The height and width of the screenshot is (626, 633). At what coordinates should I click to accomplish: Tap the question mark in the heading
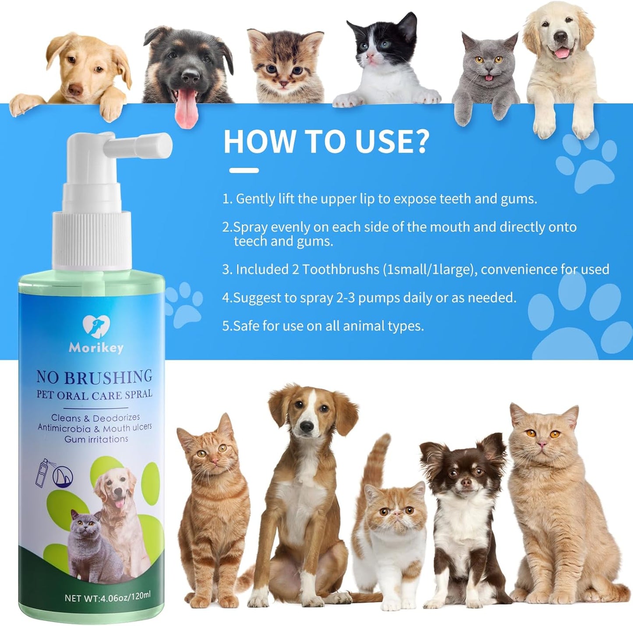(420, 141)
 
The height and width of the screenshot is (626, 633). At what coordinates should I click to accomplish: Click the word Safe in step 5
(246, 326)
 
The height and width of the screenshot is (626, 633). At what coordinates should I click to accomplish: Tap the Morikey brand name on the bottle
(96, 348)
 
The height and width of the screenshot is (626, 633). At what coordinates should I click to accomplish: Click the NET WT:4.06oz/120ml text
(107, 597)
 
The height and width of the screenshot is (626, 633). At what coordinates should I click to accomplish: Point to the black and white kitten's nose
(371, 56)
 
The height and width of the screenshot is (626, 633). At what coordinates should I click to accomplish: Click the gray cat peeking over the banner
(486, 74)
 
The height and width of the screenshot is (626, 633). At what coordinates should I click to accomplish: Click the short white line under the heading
(244, 170)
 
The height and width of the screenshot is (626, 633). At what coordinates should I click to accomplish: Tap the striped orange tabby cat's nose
(215, 460)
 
